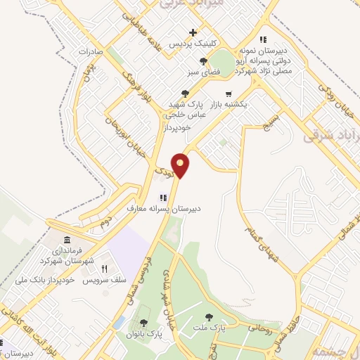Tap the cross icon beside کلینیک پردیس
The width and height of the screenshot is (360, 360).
193,32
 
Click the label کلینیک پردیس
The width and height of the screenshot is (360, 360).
193,44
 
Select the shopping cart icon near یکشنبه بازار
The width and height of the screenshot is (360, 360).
228,94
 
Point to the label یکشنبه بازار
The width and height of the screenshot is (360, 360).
228,104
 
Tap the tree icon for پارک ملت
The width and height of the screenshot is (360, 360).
209,317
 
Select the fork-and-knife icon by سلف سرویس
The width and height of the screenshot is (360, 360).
104,269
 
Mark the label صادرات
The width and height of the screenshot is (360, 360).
91,52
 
